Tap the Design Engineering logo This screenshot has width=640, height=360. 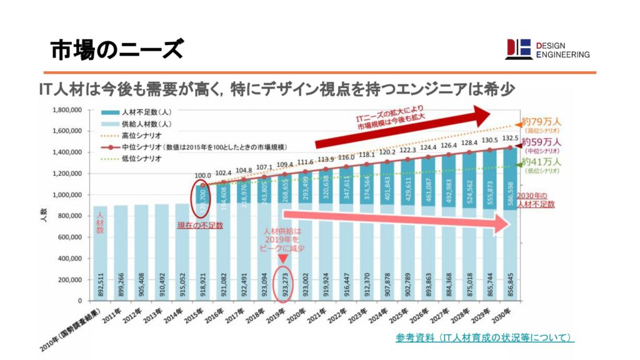(547, 49)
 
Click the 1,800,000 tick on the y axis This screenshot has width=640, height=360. (70, 110)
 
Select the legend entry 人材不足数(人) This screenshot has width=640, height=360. (138, 112)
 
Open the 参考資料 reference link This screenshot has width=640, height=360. (484, 338)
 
